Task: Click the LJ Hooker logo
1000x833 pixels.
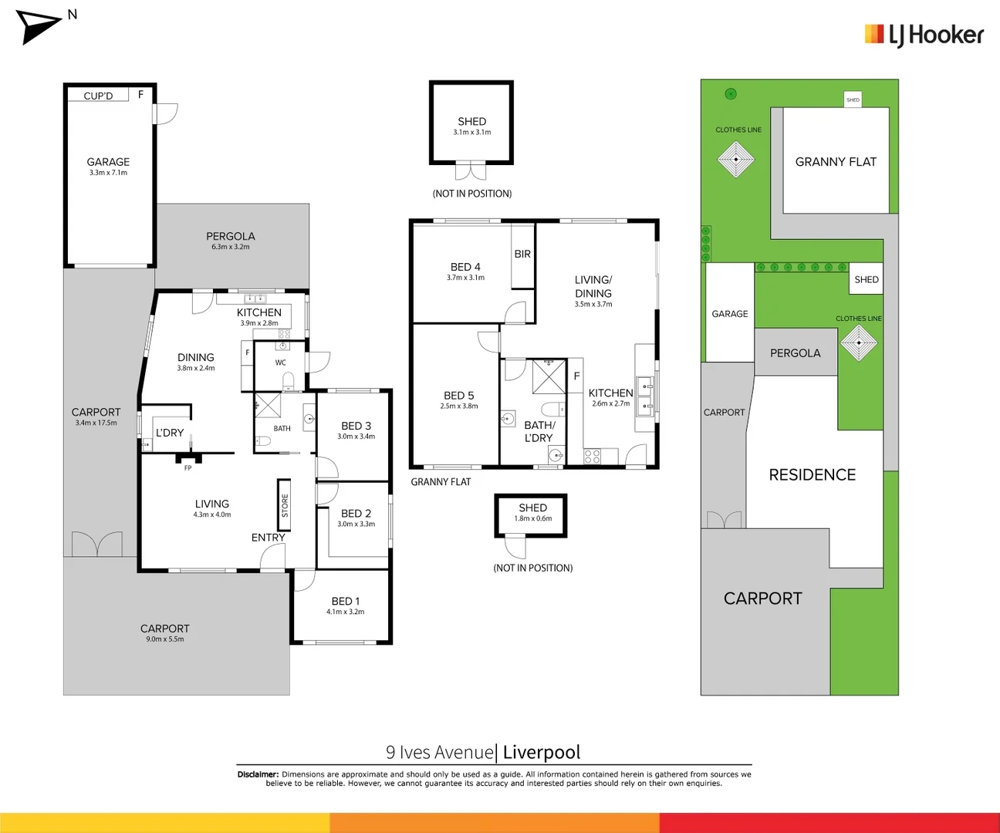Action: pos(924,35)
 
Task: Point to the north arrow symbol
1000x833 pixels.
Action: pos(39,27)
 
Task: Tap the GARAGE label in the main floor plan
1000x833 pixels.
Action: pos(108,163)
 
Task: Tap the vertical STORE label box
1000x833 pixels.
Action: pos(285,506)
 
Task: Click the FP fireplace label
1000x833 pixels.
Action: pos(187,468)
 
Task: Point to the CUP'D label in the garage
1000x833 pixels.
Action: pos(98,96)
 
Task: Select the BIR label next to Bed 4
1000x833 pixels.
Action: pos(522,254)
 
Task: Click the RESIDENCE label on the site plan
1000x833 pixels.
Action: pos(812,475)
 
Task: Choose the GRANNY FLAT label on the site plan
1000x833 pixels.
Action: pos(836,162)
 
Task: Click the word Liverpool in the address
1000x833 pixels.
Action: pos(542,752)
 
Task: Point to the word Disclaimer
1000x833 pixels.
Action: pos(258,774)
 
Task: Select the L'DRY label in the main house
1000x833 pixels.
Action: pos(170,433)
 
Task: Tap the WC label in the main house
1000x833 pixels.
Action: pos(280,363)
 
